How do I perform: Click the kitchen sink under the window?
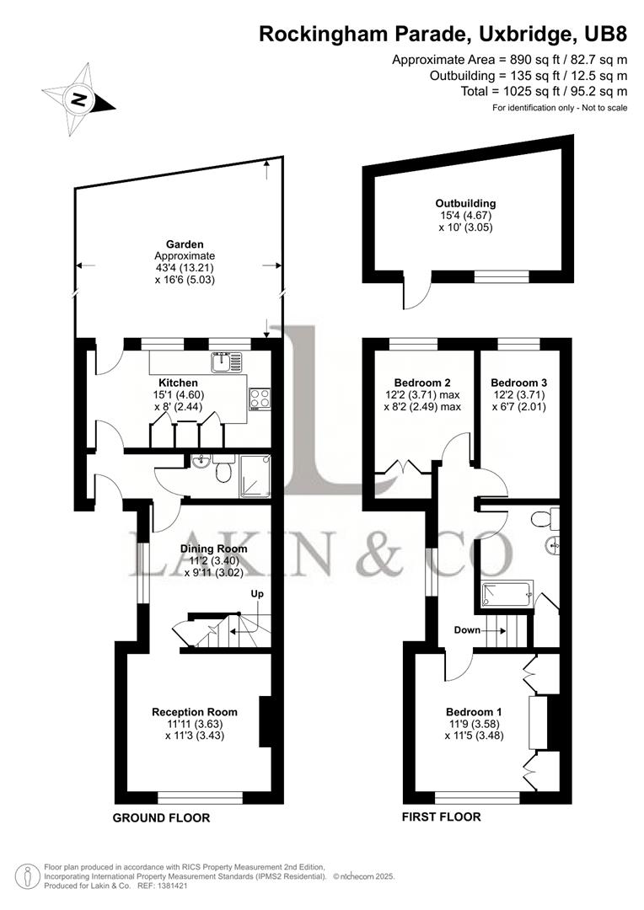[x=223, y=361]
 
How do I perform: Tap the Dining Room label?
[x=214, y=549]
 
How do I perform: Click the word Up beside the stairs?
[x=258, y=594]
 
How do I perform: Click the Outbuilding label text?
[x=465, y=203]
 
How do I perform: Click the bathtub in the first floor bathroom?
[x=507, y=595]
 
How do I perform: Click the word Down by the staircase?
[x=467, y=629]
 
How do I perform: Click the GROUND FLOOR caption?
[x=162, y=817]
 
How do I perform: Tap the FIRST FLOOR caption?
[x=442, y=817]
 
